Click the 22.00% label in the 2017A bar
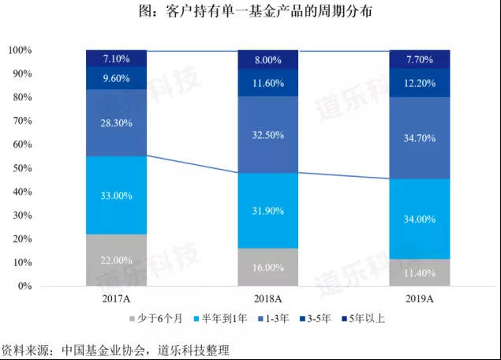coord(116,261)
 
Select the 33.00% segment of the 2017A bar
coord(116,195)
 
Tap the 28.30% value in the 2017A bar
coord(116,123)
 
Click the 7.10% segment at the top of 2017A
coord(116,58)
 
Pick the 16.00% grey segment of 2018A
coord(267,268)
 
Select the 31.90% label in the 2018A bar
coord(267,210)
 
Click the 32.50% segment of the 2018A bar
coord(267,134)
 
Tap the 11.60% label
coord(267,83)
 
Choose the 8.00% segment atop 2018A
coord(267,59)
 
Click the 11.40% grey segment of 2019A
coord(419,272)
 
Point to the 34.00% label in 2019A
coord(419,219)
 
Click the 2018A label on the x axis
coord(267,299)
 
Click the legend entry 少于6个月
coord(158,319)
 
